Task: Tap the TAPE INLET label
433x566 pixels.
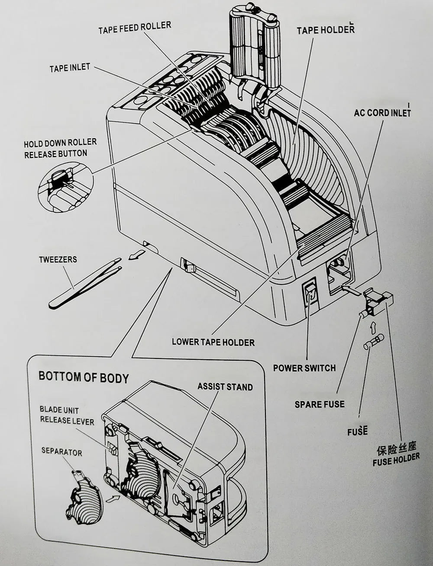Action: pyautogui.click(x=70, y=68)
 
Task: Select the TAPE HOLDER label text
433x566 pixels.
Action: pyautogui.click(x=325, y=30)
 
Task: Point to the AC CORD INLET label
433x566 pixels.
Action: pyautogui.click(x=382, y=112)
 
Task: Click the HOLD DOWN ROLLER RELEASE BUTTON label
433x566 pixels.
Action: pyautogui.click(x=60, y=148)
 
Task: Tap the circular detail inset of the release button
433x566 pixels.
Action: pyautogui.click(x=65, y=187)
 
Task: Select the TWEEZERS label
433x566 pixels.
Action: pyautogui.click(x=58, y=259)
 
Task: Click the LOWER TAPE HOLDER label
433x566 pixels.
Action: pyautogui.click(x=213, y=342)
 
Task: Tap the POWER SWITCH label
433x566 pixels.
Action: pyautogui.click(x=304, y=368)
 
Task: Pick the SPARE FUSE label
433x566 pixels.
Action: pyautogui.click(x=320, y=404)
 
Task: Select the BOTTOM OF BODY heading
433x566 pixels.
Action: pyautogui.click(x=84, y=377)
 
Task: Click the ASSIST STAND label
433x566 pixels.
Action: pyautogui.click(x=225, y=387)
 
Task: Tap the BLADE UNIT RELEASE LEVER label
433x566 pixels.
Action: pyautogui.click(x=67, y=415)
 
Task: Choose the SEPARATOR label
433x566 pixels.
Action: pyautogui.click(x=61, y=452)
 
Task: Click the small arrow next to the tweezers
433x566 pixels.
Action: pyautogui.click(x=136, y=256)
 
